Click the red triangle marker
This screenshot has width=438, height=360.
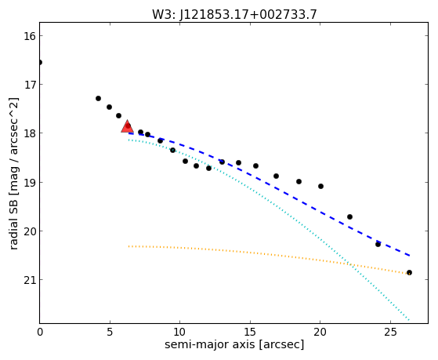click(128, 126)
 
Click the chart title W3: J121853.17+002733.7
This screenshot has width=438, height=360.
click(234, 14)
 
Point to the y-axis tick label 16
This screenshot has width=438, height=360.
click(29, 36)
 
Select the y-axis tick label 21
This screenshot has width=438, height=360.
click(29, 280)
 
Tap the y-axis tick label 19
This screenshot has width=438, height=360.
click(29, 183)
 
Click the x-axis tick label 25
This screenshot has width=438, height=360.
click(390, 332)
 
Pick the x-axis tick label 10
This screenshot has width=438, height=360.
click(179, 332)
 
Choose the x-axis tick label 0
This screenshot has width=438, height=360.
click(40, 332)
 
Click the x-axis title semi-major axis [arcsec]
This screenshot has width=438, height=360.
click(234, 344)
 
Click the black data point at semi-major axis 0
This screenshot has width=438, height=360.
click(40, 63)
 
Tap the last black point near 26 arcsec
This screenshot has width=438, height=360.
click(409, 273)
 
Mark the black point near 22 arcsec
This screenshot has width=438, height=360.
click(349, 216)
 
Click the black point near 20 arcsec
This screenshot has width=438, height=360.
click(321, 187)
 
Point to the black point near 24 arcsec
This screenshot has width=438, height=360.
click(378, 244)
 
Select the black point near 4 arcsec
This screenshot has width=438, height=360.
click(98, 99)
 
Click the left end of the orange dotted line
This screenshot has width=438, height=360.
click(129, 246)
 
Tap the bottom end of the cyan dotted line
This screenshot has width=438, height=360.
click(409, 320)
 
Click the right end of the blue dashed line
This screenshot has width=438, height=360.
click(410, 256)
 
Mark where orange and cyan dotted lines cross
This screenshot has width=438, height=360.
click(351, 264)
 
